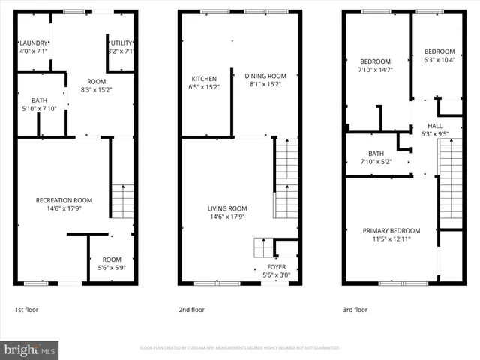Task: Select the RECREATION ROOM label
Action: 64,200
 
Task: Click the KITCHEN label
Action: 204,79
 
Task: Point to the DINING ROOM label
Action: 265,76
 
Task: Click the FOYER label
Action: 277,266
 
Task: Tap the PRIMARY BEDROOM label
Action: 391,231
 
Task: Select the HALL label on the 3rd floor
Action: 435,126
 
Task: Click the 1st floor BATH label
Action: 39,100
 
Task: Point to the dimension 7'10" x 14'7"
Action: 376,70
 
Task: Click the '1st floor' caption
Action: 27,309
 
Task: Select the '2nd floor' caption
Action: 191,309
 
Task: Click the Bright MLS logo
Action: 30,349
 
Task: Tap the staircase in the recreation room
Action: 122,201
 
